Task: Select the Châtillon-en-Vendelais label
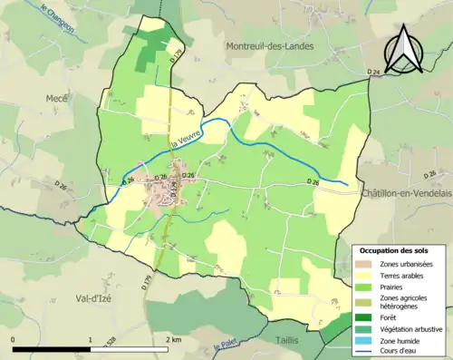click(406, 194)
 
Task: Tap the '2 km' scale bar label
click(174, 338)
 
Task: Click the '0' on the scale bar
click(14, 338)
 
